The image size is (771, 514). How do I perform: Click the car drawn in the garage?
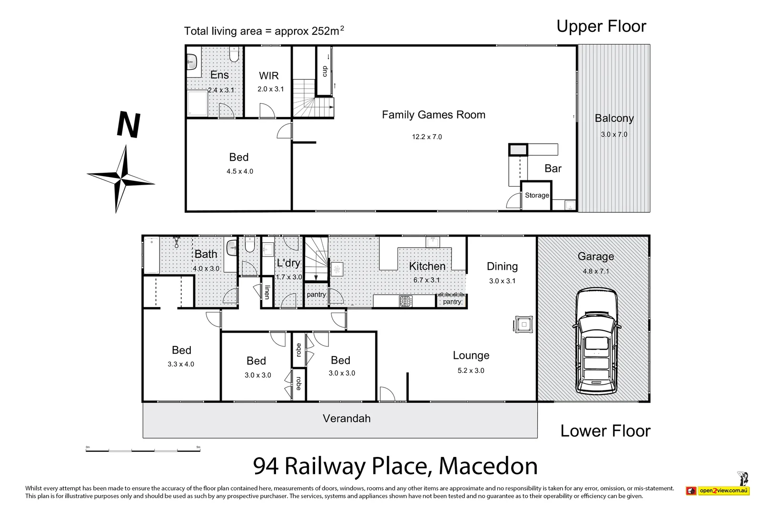point(596,342)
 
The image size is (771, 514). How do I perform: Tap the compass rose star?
point(121,179)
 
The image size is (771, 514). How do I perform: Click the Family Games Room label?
point(434,115)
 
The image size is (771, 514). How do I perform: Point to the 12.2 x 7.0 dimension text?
point(427,137)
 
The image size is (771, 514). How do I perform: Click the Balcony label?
point(614,118)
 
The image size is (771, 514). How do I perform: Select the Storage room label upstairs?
point(537,195)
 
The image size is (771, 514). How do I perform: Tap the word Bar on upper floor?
point(553,168)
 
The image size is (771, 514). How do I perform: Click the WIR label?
point(269,76)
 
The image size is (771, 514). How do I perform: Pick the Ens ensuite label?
point(219,75)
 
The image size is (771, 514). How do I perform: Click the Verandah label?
point(346,418)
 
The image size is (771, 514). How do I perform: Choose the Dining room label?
point(502,267)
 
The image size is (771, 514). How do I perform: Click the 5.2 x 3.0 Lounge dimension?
point(471,371)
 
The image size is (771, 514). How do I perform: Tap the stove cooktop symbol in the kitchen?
point(405,301)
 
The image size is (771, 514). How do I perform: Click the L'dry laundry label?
point(288,263)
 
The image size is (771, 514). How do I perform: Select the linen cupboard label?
point(267,292)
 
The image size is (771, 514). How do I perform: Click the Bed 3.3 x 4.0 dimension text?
point(181,364)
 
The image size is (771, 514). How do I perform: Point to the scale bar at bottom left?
point(143,449)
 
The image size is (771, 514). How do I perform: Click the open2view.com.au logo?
point(718,490)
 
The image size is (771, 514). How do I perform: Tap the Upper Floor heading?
point(601,27)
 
